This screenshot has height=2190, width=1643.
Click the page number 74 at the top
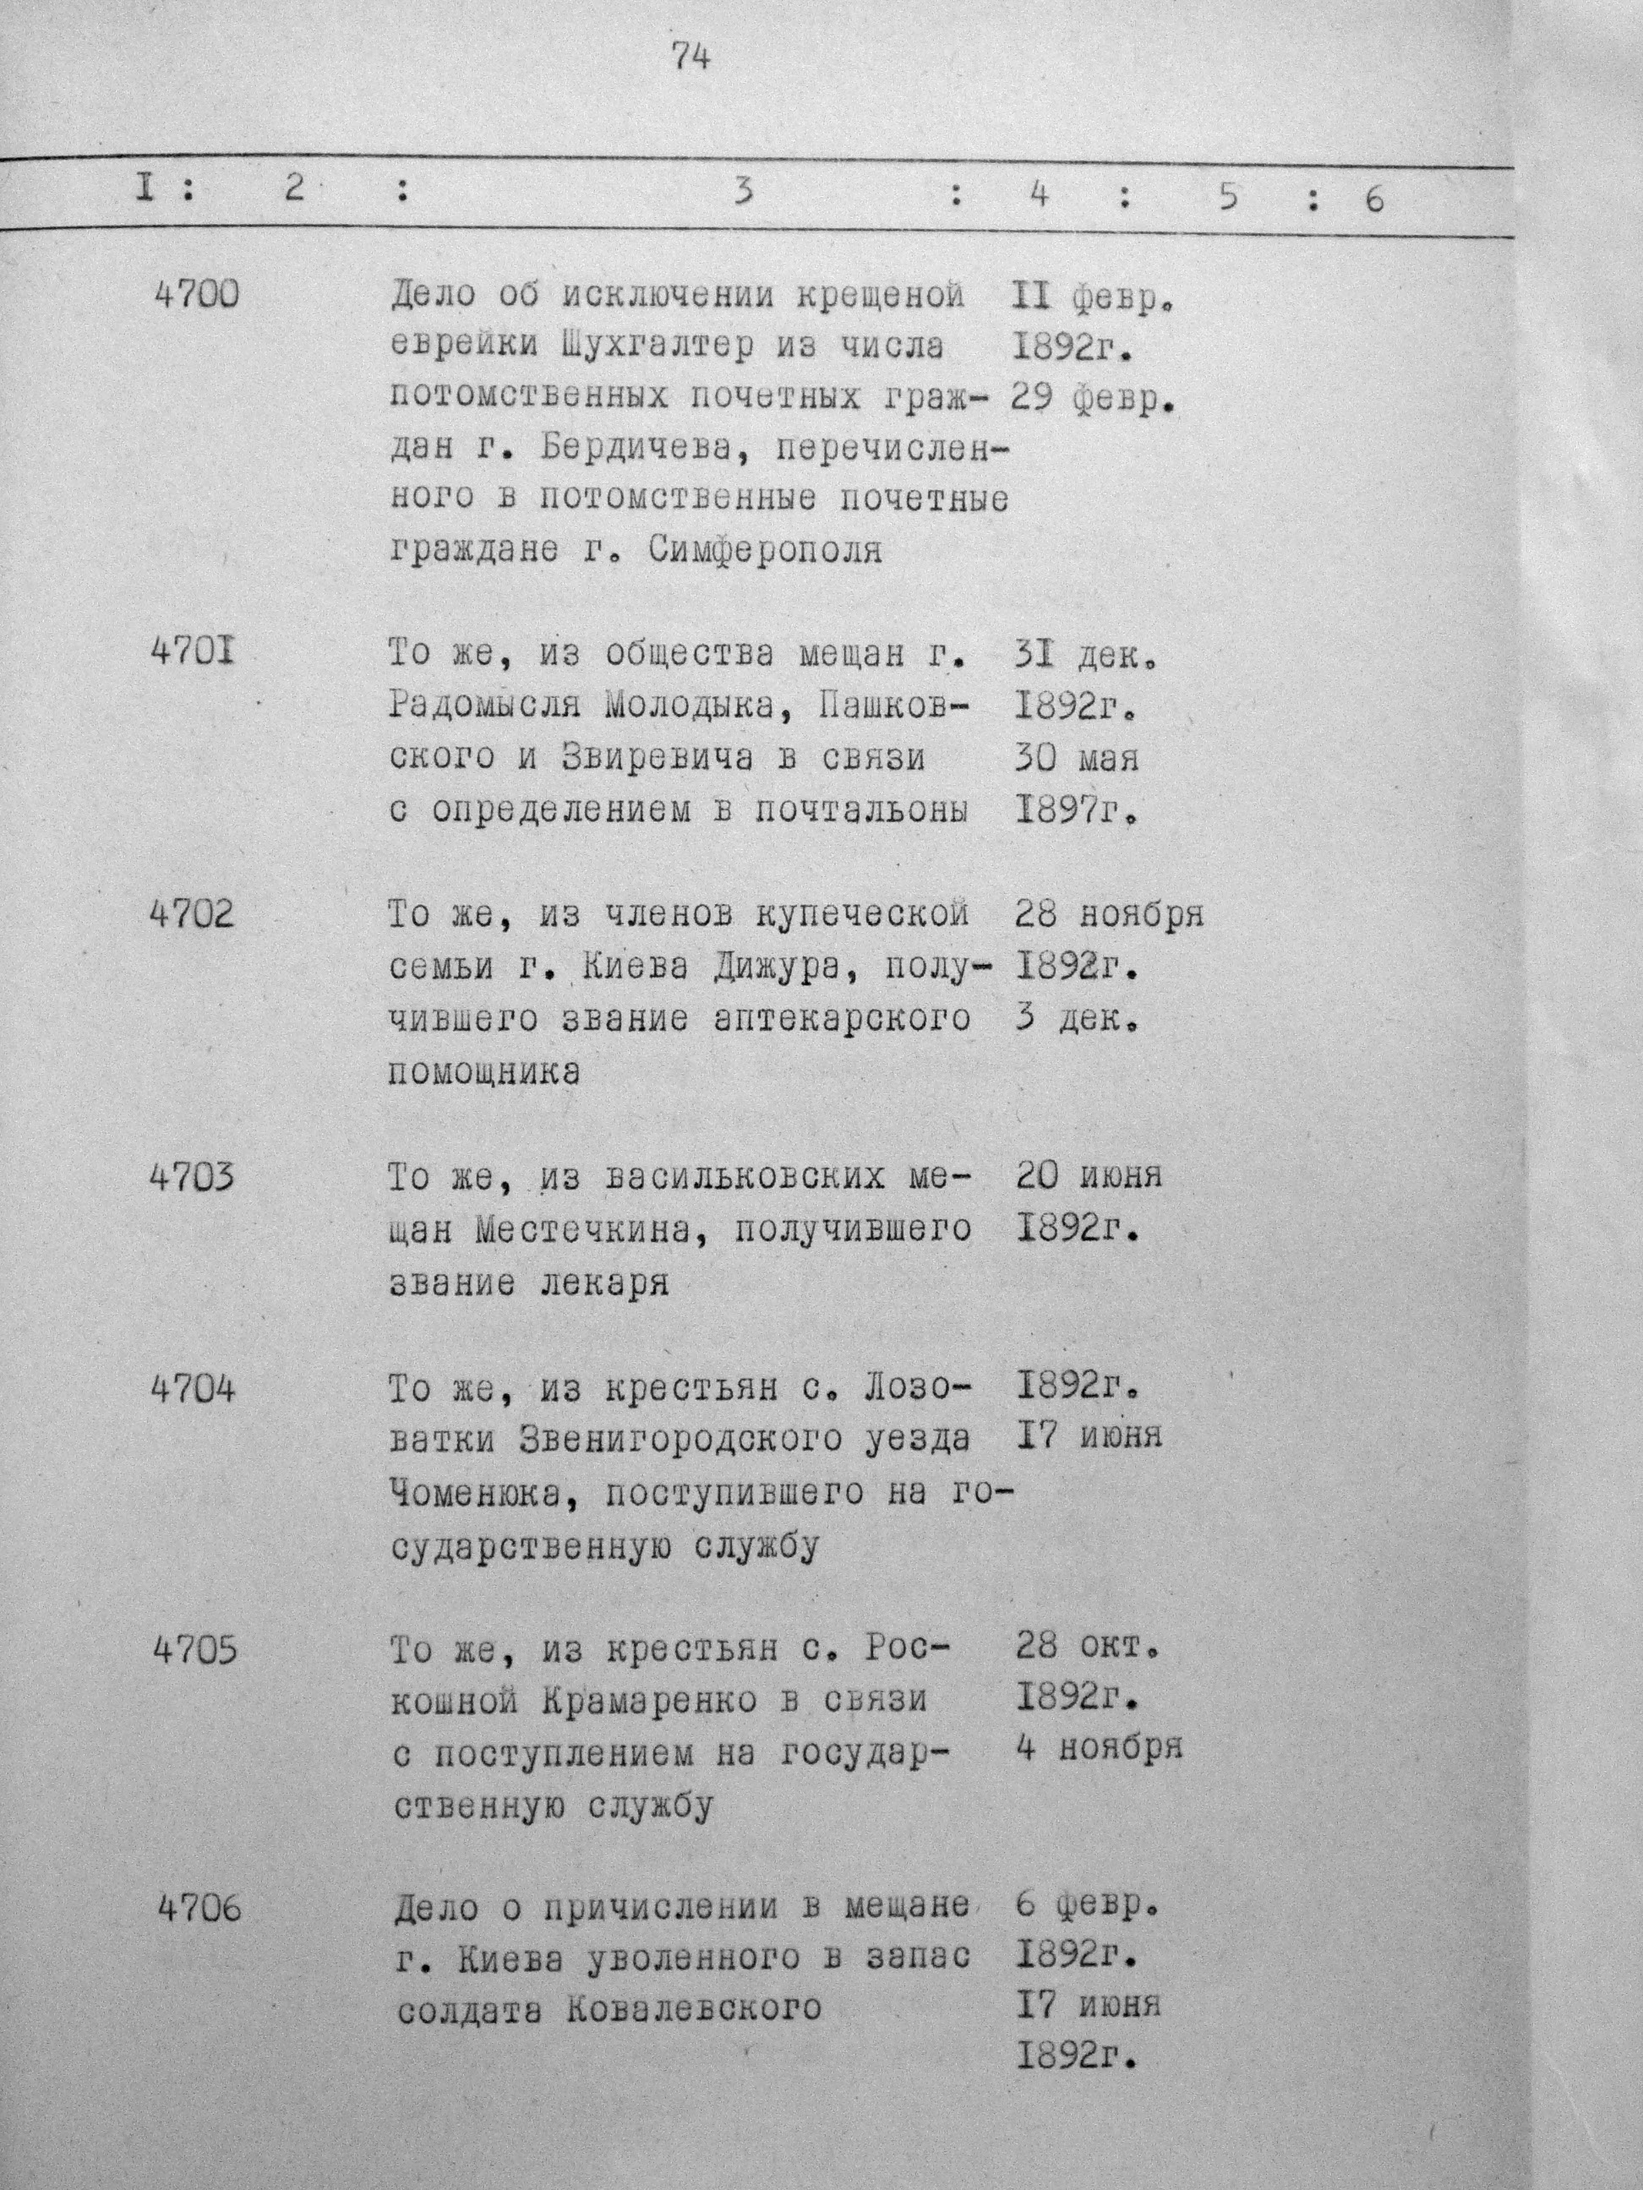point(691,58)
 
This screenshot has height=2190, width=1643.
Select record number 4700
point(197,295)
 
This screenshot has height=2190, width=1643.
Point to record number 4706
point(199,1908)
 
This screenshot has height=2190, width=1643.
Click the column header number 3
point(743,192)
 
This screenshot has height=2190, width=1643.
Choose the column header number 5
point(1228,198)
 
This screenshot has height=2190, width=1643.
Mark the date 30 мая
point(1077,759)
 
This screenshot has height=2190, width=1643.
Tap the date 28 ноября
point(1109,915)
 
